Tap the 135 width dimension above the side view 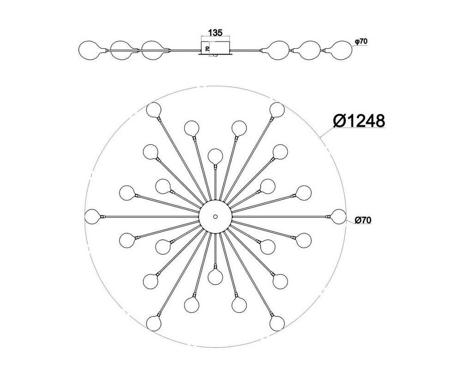coord(215,33)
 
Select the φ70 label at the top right coord(361,42)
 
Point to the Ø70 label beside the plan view coord(363,220)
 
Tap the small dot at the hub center coord(215,217)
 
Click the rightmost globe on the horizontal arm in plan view coord(338,217)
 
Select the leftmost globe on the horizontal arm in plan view coord(92,217)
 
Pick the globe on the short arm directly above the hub coord(215,156)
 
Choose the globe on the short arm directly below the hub coord(215,277)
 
